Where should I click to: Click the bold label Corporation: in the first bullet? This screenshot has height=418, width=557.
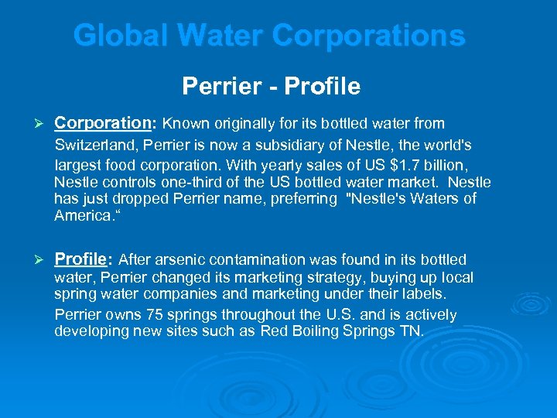point(106,123)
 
